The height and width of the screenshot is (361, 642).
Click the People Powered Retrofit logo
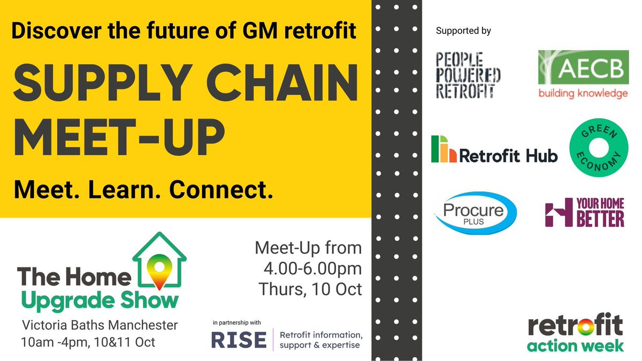[x=468, y=75]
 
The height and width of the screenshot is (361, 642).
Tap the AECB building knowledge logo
[x=582, y=74]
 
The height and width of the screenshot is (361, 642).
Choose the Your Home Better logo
[x=584, y=212]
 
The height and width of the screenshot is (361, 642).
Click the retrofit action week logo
[x=575, y=334]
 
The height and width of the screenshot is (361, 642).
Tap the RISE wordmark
[x=239, y=340]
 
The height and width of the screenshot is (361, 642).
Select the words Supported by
[x=463, y=30]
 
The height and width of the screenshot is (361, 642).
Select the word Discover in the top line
[x=54, y=31]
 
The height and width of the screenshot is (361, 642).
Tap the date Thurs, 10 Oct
[x=310, y=289]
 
